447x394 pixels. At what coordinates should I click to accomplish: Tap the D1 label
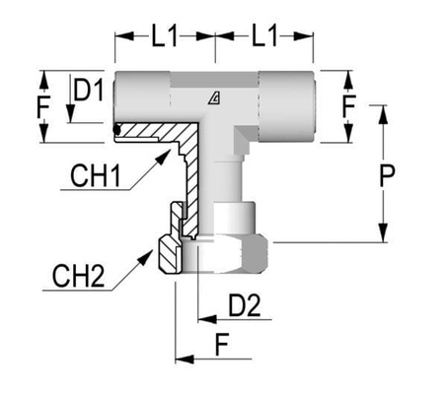(x=91, y=93)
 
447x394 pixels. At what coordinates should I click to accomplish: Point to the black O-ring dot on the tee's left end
(x=117, y=127)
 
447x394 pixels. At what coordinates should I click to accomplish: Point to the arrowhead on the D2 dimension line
(x=200, y=319)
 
